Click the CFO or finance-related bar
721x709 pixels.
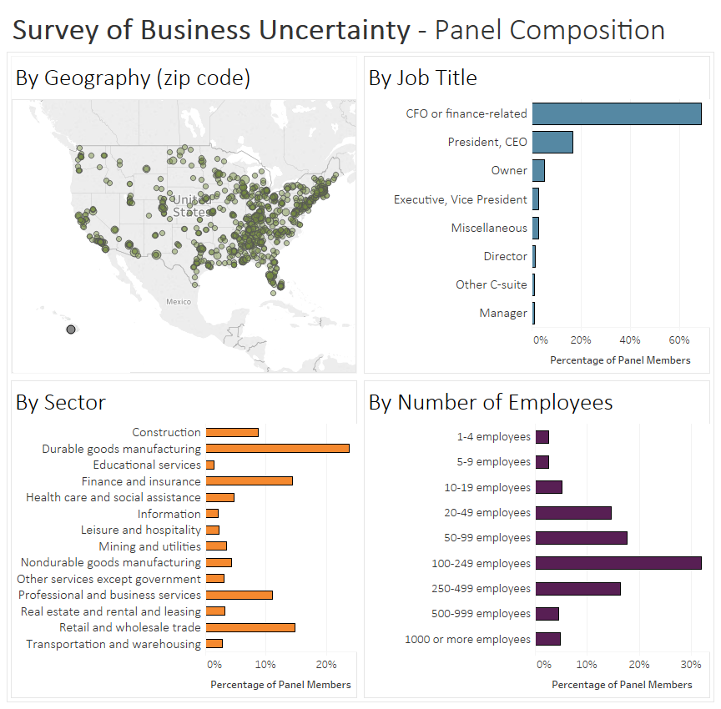pyautogui.click(x=616, y=113)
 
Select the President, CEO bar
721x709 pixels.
pyautogui.click(x=552, y=142)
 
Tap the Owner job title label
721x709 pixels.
pyautogui.click(x=509, y=170)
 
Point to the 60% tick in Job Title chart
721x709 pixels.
pyautogui.click(x=679, y=340)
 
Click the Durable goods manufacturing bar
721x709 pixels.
pyautogui.click(x=277, y=449)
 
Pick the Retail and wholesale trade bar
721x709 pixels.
pyautogui.click(x=250, y=627)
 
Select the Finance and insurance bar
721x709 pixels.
pyautogui.click(x=249, y=481)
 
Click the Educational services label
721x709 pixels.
pyautogui.click(x=147, y=465)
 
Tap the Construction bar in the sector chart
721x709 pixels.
pyautogui.click(x=232, y=432)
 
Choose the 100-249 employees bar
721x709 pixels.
pyautogui.click(x=618, y=563)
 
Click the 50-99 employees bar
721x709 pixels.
pyautogui.click(x=581, y=538)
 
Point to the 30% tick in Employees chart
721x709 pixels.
pyautogui.click(x=690, y=665)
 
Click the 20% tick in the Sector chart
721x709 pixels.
pyautogui.click(x=326, y=665)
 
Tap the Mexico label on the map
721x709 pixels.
pyautogui.click(x=178, y=302)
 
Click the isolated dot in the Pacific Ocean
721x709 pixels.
pyautogui.click(x=71, y=330)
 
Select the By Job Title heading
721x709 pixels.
pyautogui.click(x=422, y=78)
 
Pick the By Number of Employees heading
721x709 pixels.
pyautogui.click(x=491, y=403)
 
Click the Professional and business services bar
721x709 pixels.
pyautogui.click(x=239, y=595)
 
